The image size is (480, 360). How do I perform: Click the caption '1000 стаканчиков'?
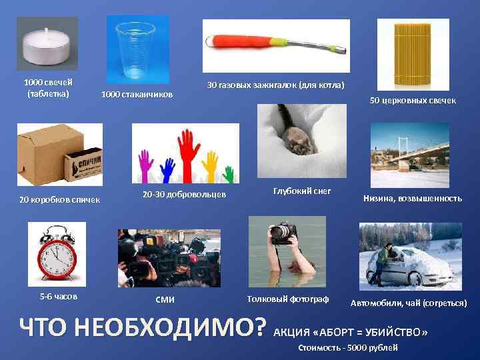[137, 95]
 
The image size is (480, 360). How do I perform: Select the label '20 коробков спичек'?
[59, 199]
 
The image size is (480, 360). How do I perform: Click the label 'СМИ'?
[165, 299]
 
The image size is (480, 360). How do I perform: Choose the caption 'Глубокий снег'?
[301, 191]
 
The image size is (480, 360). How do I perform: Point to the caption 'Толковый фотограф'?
[288, 298]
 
